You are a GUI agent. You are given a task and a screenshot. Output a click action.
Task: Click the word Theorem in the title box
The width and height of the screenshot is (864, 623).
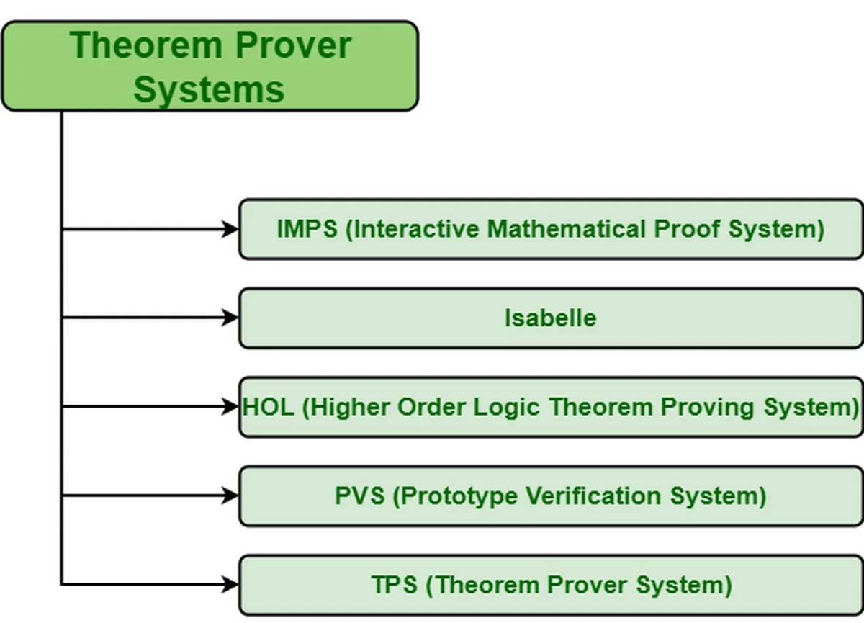(x=146, y=45)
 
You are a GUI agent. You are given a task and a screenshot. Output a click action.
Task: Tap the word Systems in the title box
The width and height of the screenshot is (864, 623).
(x=209, y=90)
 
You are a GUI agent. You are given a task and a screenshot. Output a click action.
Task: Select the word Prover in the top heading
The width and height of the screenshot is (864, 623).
(x=293, y=45)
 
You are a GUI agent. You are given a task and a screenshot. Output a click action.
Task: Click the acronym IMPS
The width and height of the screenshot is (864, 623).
(x=307, y=229)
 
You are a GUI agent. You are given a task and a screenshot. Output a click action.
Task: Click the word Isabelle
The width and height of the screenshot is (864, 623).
(x=550, y=318)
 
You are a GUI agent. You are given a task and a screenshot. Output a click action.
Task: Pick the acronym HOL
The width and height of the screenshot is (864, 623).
(x=268, y=407)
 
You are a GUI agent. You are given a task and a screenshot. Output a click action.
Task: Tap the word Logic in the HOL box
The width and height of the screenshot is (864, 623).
(x=506, y=408)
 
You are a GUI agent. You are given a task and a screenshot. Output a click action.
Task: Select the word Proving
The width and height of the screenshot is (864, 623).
(x=707, y=408)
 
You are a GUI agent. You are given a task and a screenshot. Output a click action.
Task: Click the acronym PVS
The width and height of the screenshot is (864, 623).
(x=359, y=496)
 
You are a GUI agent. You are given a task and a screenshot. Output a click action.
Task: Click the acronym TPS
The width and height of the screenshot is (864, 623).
(x=395, y=584)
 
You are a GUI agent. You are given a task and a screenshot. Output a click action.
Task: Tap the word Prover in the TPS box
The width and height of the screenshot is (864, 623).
(x=587, y=584)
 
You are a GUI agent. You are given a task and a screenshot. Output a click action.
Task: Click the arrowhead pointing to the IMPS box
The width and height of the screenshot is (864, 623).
(x=230, y=229)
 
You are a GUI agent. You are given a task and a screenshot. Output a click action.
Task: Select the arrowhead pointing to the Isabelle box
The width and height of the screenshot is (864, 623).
(x=230, y=318)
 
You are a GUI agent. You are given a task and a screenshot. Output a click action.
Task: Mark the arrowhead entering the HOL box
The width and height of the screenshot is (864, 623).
(x=230, y=406)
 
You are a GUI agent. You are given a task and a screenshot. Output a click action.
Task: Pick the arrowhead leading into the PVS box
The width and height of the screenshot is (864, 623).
(x=230, y=495)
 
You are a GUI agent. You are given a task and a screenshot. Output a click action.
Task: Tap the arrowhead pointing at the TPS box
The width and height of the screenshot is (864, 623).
(x=230, y=584)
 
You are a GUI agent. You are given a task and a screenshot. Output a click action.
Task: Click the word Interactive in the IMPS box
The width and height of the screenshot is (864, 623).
(x=416, y=229)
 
